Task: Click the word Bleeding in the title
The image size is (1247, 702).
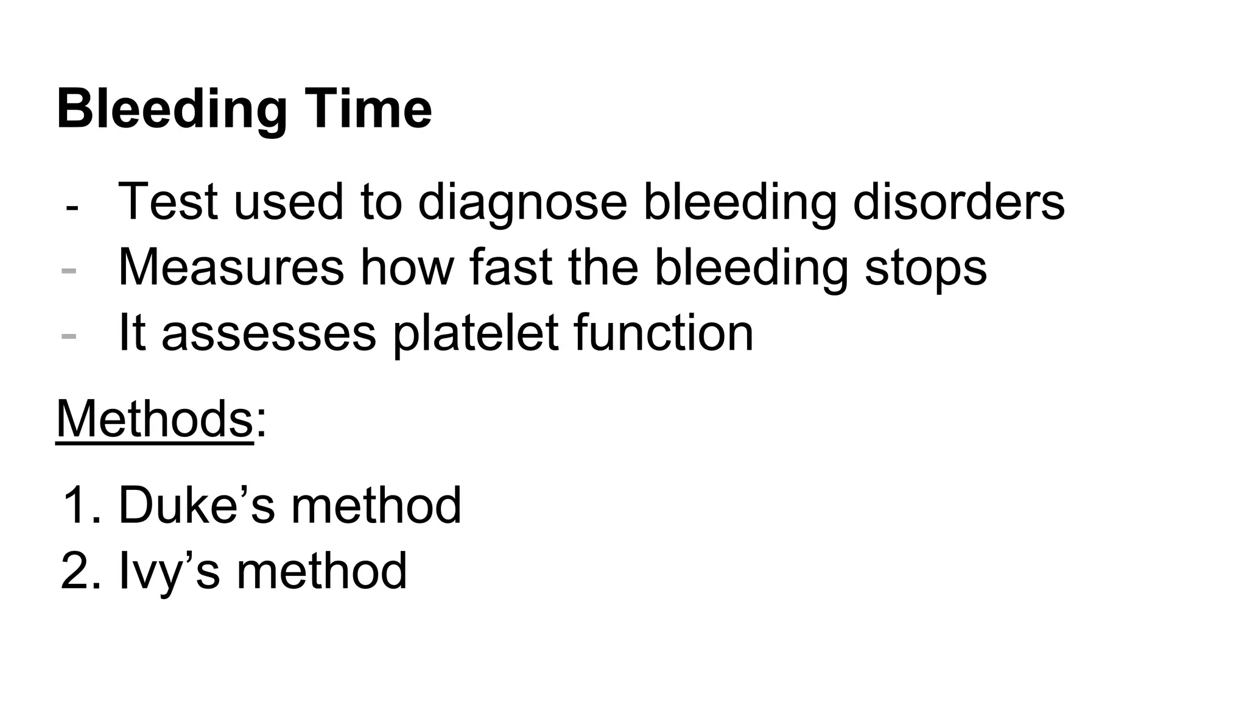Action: tap(172, 110)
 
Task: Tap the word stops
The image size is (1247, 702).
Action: tap(926, 268)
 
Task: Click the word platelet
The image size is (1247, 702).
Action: tap(476, 334)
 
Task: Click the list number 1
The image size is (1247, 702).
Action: tap(77, 505)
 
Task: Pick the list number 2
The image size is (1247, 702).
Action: tap(77, 571)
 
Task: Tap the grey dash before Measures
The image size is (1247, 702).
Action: tap(69, 270)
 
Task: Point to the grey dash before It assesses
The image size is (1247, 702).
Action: tap(69, 336)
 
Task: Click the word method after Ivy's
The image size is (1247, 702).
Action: tap(321, 571)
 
